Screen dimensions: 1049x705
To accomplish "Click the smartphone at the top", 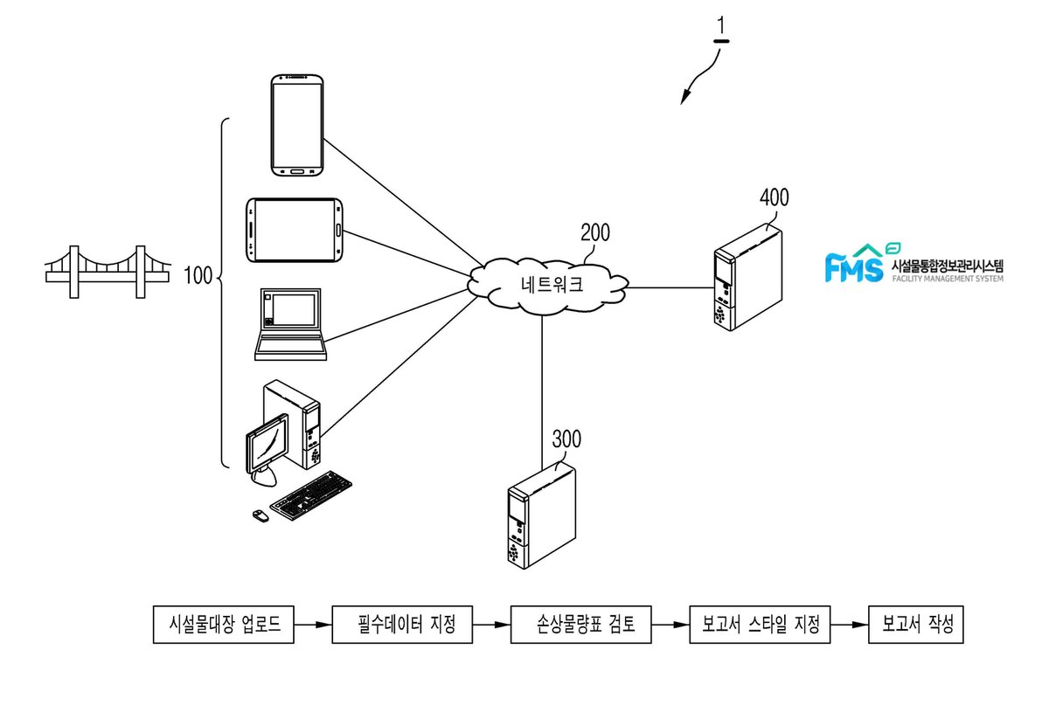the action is pyautogui.click(x=297, y=126).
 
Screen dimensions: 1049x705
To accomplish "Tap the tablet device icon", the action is pyautogui.click(x=294, y=231).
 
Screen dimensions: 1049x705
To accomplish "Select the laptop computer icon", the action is pyautogui.click(x=290, y=324).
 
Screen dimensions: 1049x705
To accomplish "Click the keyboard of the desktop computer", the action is pyautogui.click(x=311, y=495).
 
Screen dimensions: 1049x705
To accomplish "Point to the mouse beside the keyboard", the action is pyautogui.click(x=261, y=516).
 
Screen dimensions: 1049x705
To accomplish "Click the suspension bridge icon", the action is pyautogui.click(x=108, y=272).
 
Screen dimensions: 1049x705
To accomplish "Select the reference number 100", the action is pyautogui.click(x=198, y=275).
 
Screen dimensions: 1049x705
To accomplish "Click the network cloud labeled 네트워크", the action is pyautogui.click(x=548, y=286).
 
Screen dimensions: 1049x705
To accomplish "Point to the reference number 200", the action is pyautogui.click(x=595, y=232).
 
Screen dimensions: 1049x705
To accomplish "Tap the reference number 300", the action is pyautogui.click(x=566, y=439).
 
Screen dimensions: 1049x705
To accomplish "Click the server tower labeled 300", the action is pyautogui.click(x=542, y=517).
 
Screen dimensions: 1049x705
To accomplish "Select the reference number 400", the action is pyautogui.click(x=775, y=197).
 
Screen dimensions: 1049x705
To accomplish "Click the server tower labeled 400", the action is pyautogui.click(x=748, y=277).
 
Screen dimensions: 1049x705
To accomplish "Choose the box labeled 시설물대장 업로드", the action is pyautogui.click(x=224, y=625).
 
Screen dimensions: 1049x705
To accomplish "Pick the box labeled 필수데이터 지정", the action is pyautogui.click(x=402, y=625).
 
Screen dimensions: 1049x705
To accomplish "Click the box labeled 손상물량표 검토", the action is pyautogui.click(x=580, y=625).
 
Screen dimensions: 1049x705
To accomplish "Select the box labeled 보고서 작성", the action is pyautogui.click(x=916, y=625).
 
